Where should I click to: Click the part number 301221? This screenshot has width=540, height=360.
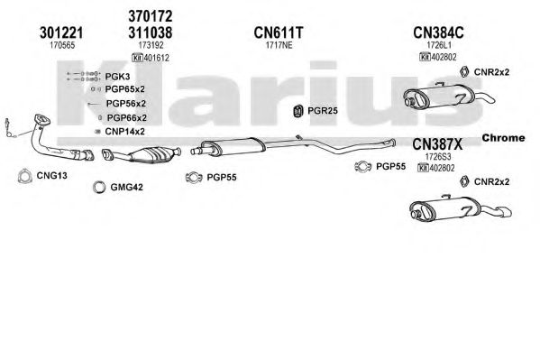(x=61, y=32)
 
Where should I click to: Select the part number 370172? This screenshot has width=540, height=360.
(x=151, y=16)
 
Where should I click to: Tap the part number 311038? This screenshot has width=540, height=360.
(x=151, y=32)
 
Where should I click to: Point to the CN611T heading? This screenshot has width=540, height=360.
(x=279, y=32)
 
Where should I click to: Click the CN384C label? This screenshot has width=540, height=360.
(x=438, y=32)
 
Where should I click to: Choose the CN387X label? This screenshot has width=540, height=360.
(x=437, y=144)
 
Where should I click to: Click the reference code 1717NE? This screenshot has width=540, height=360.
(x=279, y=45)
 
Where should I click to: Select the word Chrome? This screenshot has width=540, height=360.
(x=504, y=138)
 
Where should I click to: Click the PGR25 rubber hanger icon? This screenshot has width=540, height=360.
(x=297, y=111)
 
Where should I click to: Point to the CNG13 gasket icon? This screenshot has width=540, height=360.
(x=25, y=176)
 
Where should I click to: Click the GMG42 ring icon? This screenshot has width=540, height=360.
(x=99, y=187)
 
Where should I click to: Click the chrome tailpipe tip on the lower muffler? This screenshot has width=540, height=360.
(x=504, y=212)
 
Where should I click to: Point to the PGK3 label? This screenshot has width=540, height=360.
(x=117, y=76)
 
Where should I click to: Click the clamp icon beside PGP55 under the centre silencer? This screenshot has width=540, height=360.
(x=194, y=177)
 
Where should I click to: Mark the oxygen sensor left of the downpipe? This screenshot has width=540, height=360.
(x=10, y=129)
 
